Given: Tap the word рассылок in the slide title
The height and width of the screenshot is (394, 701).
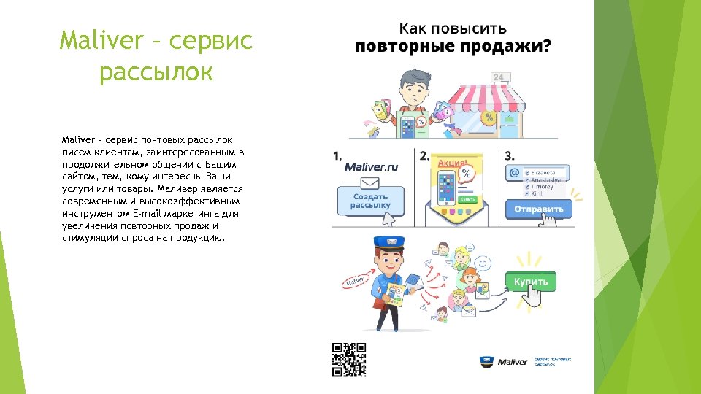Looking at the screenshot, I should tap(156, 72).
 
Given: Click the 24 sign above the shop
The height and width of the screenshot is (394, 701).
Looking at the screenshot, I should tap(499, 77).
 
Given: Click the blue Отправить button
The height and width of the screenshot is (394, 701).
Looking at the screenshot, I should tap(539, 209).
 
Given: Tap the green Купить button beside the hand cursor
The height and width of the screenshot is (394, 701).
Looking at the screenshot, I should tap(531, 282).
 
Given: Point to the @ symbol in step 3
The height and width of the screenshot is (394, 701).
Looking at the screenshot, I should tap(514, 174).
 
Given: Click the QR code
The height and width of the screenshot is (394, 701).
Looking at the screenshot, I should tap(348, 360).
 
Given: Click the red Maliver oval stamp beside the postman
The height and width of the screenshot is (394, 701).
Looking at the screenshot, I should tap(355, 280).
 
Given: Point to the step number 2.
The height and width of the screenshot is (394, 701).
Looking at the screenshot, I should tap(424, 155).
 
